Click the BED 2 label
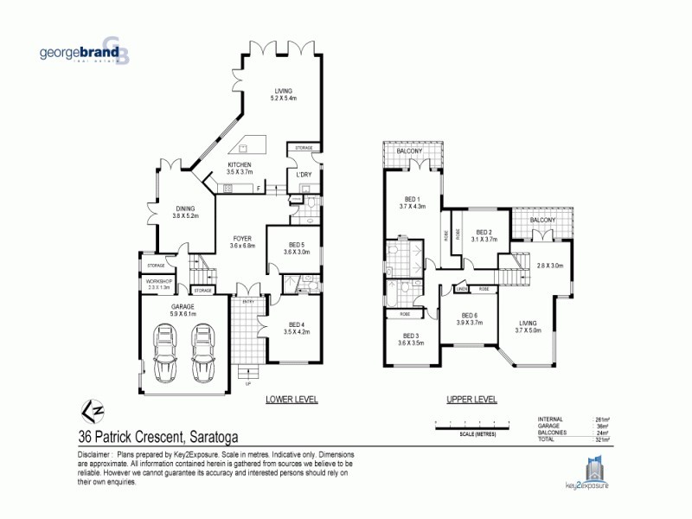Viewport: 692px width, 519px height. point(484,234)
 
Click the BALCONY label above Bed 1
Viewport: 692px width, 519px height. point(410,151)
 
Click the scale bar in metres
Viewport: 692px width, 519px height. point(478,424)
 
